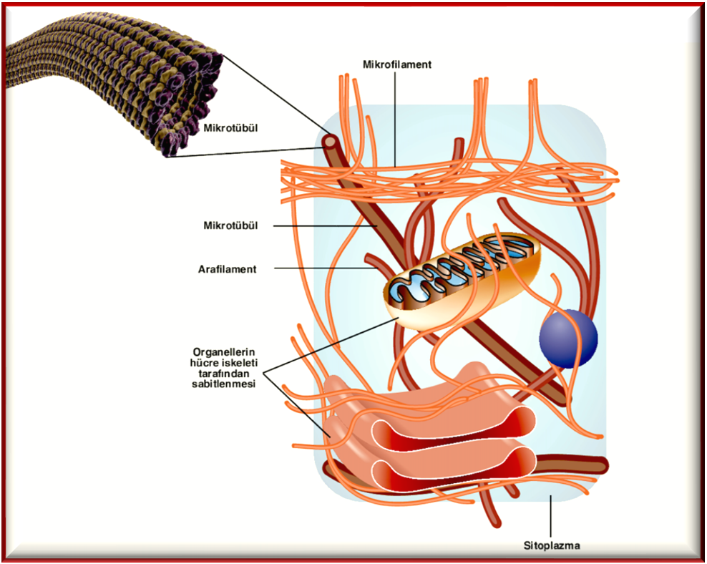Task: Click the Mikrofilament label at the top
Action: click(397, 64)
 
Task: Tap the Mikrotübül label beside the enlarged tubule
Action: click(230, 129)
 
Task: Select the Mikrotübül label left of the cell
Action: click(230, 226)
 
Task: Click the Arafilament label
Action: click(227, 269)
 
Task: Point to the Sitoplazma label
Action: click(551, 545)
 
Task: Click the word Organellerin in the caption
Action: click(225, 351)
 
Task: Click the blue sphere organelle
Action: click(568, 337)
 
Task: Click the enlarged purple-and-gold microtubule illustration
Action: click(107, 79)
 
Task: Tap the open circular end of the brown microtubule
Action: click(331, 143)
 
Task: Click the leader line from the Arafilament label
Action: click(322, 268)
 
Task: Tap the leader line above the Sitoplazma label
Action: click(551, 515)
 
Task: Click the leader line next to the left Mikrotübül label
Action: click(322, 226)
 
